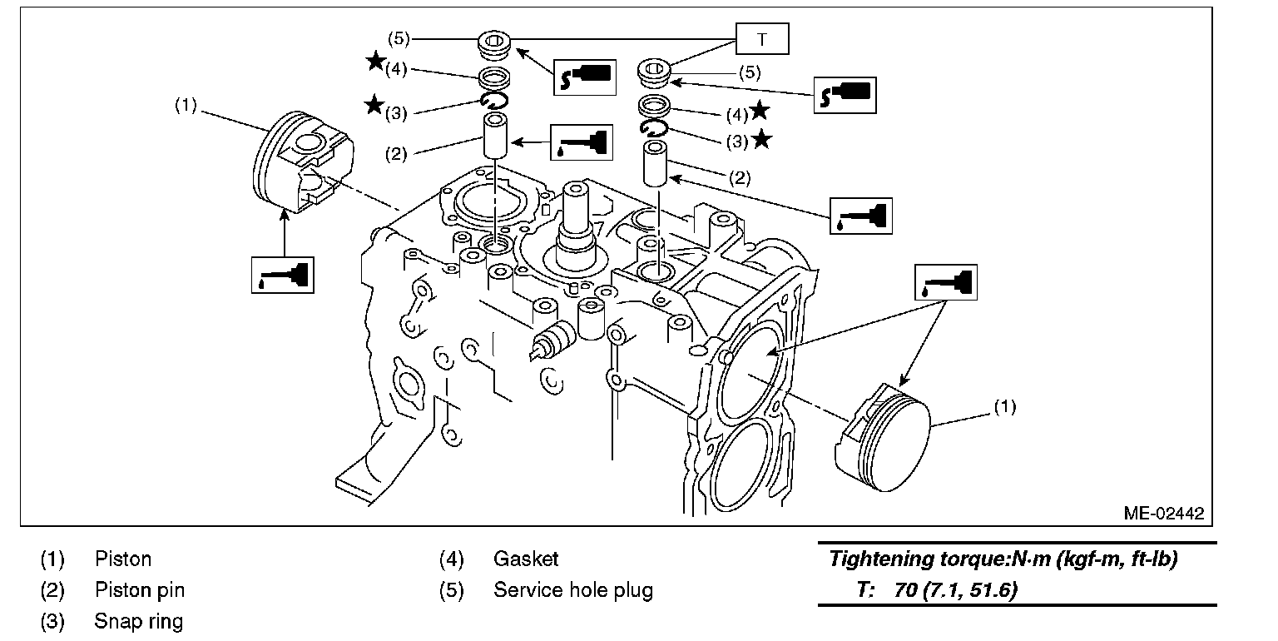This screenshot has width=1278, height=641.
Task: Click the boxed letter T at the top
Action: pos(762,39)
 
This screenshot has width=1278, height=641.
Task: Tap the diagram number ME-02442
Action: pos(1164,513)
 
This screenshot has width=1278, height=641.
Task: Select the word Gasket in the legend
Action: pos(526,559)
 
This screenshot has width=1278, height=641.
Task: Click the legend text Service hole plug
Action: pos(572,589)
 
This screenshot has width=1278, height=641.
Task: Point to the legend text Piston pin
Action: pos(140,589)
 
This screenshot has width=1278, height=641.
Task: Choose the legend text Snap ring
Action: pos(139,621)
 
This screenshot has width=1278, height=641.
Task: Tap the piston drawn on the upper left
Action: pos(303,162)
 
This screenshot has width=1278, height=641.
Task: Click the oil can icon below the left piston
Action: pos(282,275)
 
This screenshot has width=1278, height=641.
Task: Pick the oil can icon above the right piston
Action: pos(945,282)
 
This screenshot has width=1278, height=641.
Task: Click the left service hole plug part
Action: pos(494,45)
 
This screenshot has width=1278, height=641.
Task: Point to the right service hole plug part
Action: pos(654,72)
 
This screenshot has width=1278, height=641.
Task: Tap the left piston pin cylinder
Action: pos(495,135)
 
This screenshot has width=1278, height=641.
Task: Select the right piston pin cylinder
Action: pos(656,164)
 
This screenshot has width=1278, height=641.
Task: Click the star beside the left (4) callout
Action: pos(375,61)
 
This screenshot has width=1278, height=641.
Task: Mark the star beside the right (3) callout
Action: pos(762,139)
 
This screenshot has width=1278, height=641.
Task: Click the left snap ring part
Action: pos(494,101)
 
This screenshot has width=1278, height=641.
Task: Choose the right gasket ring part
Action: pos(654,107)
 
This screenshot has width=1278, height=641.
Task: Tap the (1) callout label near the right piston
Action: pos(1005,407)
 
